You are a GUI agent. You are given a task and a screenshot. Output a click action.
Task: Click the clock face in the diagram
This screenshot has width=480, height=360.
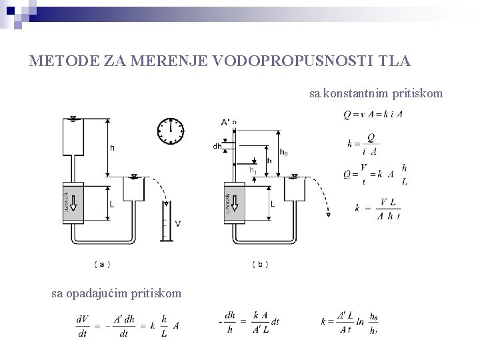point(171,131)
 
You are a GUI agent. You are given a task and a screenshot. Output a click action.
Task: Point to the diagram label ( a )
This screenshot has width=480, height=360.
point(101,265)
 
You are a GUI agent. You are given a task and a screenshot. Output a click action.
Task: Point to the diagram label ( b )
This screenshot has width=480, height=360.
point(260,265)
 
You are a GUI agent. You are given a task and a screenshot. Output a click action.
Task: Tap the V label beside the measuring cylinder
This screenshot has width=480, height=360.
point(177,223)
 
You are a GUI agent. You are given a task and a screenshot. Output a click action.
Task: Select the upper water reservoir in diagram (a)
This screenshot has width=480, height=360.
point(73,137)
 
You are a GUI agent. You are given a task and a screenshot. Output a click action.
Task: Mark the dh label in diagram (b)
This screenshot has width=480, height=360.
point(217,146)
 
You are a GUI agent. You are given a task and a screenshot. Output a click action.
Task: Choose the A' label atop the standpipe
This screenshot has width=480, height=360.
point(226,122)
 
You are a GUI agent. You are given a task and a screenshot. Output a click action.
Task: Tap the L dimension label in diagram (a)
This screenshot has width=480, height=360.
point(111,205)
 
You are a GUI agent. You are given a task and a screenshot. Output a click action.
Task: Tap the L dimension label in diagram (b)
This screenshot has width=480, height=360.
point(273,203)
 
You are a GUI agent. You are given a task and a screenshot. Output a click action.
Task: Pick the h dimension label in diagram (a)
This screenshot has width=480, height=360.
point(112,148)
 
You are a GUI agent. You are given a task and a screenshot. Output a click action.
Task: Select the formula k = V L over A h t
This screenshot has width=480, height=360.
point(381,208)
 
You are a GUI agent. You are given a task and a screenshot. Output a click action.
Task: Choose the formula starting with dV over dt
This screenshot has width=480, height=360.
point(127,325)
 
